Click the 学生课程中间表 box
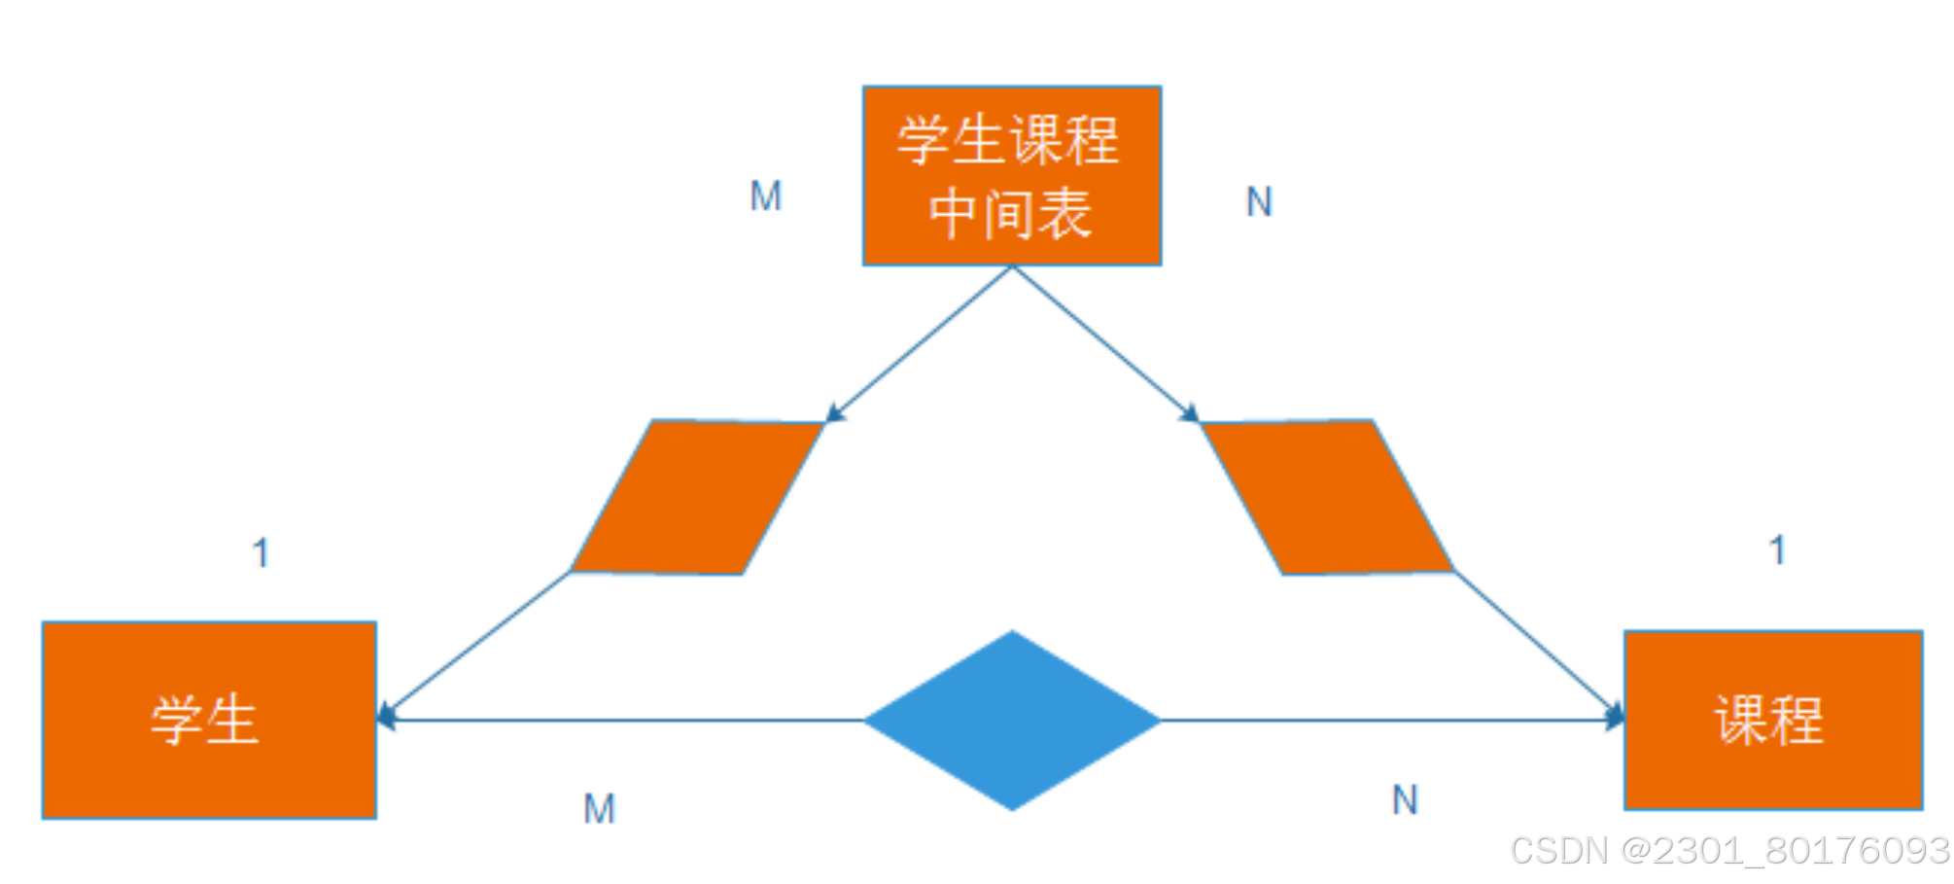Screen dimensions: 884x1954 click(x=1012, y=175)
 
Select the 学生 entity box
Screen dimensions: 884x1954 click(x=209, y=720)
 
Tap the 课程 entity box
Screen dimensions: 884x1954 click(x=1772, y=720)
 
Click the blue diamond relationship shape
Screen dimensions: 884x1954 click(x=1012, y=720)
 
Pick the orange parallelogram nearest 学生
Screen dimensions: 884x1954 click(x=697, y=497)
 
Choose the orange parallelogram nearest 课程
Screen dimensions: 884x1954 click(x=1328, y=497)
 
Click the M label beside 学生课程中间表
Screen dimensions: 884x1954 click(x=765, y=196)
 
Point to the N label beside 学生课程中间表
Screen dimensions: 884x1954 click(x=1259, y=202)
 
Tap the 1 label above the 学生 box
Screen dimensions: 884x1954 click(x=260, y=552)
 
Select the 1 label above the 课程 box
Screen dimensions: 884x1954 click(x=1777, y=549)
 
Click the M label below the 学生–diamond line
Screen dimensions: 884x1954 click(x=599, y=808)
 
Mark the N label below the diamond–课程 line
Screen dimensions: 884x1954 click(x=1405, y=800)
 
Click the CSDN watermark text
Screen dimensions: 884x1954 click(x=1729, y=850)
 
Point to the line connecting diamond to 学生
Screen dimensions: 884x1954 click(x=622, y=721)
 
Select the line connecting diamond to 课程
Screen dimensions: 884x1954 click(x=1390, y=721)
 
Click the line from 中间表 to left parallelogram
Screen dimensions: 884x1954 click(x=919, y=344)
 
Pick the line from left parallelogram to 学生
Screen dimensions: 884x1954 click(x=476, y=644)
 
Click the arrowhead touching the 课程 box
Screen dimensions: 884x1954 click(x=1615, y=719)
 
